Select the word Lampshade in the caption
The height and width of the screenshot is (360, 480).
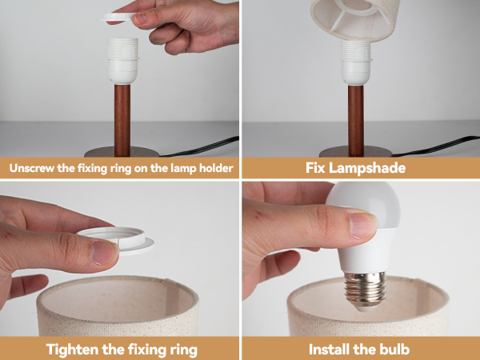pyautogui.click(x=376, y=168)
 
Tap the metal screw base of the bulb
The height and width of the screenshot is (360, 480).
pyautogui.click(x=366, y=286)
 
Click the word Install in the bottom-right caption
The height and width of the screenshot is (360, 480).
pyautogui.click(x=332, y=349)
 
